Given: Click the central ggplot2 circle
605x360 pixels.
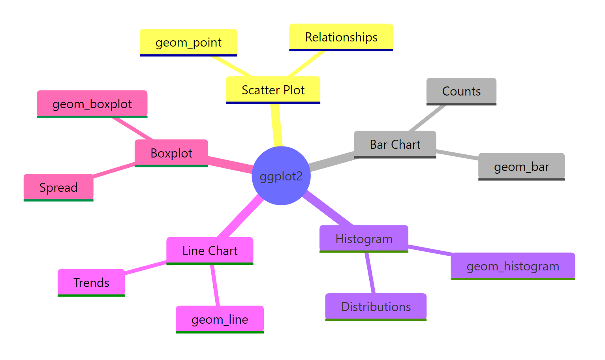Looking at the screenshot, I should click(281, 176).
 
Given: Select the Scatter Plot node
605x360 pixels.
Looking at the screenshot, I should click(273, 90).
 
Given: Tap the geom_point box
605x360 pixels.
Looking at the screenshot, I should click(188, 42).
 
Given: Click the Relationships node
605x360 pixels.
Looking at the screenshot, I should click(341, 37).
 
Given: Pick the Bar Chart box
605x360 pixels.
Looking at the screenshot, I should click(395, 144).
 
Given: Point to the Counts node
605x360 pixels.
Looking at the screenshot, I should click(461, 91).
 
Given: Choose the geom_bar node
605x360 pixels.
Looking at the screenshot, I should click(521, 167).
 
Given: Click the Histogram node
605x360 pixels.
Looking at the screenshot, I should click(364, 239).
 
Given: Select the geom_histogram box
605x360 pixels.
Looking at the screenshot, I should click(513, 266).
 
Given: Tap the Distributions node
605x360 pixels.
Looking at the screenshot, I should click(376, 307).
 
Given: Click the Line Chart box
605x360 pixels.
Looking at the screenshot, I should click(210, 251).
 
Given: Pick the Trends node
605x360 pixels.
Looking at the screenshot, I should click(91, 283).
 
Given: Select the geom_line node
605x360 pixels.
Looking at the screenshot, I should click(220, 319).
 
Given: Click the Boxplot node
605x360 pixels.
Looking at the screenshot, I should click(171, 153).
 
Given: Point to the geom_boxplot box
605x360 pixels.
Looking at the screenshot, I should click(92, 104).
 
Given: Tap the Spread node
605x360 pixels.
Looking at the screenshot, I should click(58, 187).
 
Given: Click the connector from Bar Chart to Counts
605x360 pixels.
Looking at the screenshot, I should click(428, 118).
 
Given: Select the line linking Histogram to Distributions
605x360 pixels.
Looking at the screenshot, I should click(370, 272).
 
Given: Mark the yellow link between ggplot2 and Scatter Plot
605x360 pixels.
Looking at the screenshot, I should click(276, 125).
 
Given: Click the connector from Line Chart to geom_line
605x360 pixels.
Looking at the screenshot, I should click(215, 285).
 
